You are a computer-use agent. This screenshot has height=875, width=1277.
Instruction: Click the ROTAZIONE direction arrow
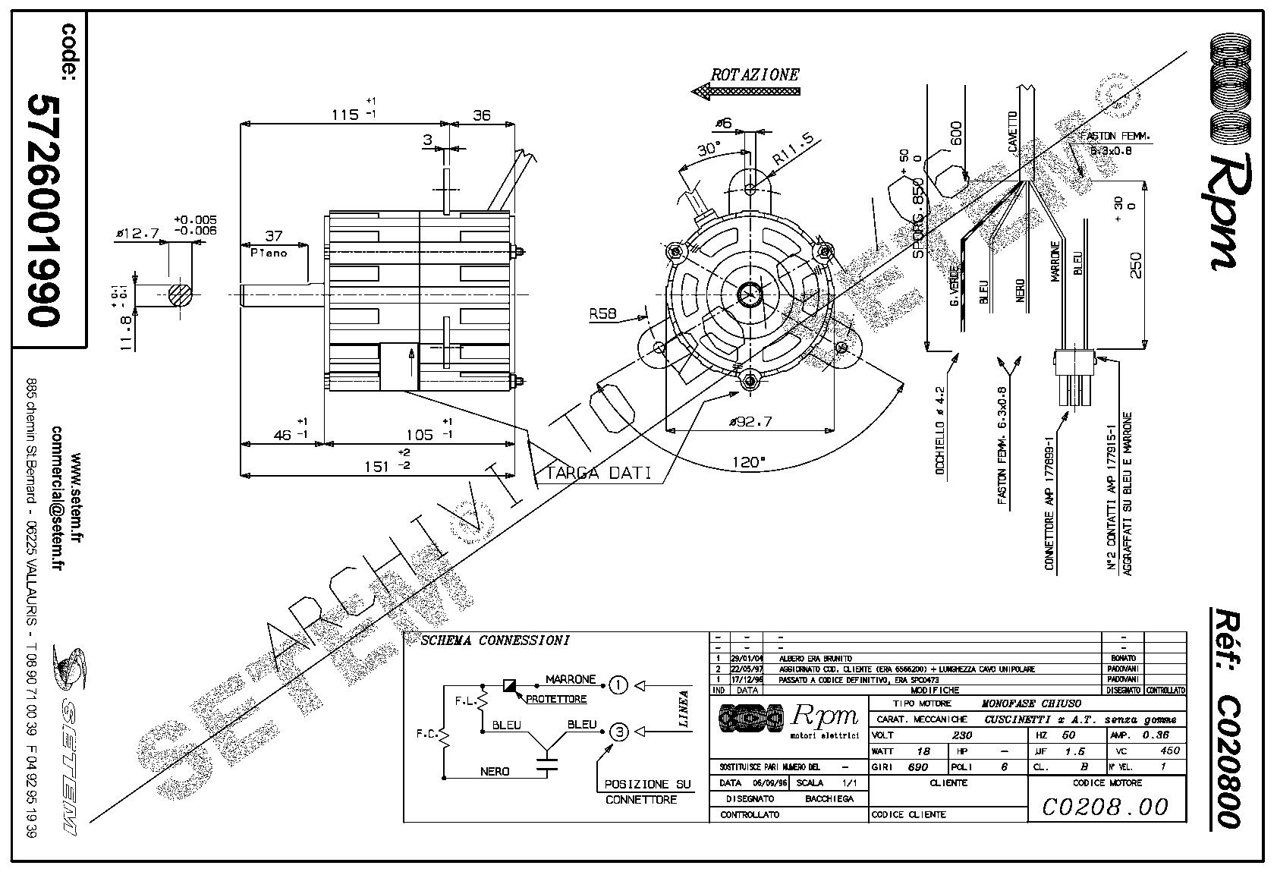tap(746, 91)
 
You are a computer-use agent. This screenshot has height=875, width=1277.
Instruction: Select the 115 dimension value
tap(345, 115)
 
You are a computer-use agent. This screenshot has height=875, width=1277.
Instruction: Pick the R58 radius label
tap(603, 313)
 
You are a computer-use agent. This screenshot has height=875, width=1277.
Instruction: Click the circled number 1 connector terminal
tap(619, 686)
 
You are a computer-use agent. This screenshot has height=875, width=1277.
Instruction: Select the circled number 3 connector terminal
tap(619, 732)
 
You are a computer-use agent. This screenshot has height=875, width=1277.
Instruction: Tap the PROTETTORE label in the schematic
tap(556, 699)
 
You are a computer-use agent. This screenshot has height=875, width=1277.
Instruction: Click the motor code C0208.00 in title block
tap(1105, 806)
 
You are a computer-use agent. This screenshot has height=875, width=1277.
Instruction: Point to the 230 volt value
tap(961, 735)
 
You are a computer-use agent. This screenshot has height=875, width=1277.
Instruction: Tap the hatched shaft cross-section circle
tap(180, 294)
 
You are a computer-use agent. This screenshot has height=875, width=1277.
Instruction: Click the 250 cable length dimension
tap(1136, 264)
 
